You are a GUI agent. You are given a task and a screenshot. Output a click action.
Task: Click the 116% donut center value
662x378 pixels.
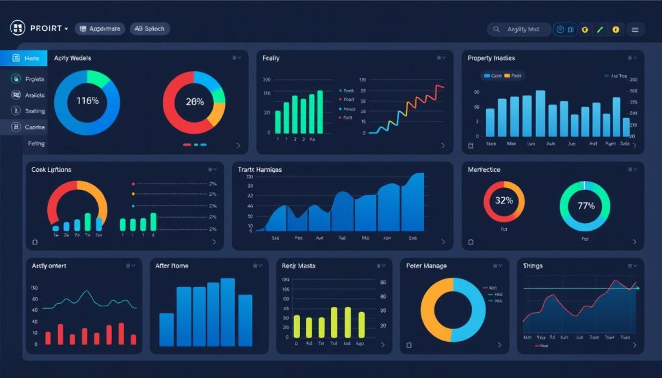87,101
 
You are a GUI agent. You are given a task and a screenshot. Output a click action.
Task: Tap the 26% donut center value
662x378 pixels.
195,101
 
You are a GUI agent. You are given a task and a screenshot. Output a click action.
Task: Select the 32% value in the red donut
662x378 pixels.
504,200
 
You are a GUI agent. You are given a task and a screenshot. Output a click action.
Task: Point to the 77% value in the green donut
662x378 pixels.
585,206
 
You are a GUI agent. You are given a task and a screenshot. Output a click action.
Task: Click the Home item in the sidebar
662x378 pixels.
31,58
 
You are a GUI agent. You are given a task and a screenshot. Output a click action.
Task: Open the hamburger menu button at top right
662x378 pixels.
635,29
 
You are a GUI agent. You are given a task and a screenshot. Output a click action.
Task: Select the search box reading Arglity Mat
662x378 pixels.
520,29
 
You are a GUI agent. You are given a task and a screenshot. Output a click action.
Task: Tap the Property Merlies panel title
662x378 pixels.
491,58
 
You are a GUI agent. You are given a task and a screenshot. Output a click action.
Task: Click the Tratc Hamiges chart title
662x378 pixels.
260,169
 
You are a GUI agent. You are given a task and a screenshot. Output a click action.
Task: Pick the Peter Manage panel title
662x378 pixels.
427,266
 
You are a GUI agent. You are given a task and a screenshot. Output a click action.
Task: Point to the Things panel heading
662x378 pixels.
533,266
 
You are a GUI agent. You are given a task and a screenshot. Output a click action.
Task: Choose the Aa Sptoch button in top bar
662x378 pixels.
149,28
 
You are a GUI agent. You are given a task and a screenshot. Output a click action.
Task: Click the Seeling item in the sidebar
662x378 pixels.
35,111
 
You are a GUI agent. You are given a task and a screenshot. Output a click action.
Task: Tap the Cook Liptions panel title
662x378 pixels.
51,169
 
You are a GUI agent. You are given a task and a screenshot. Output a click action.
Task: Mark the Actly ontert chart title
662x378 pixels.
49,266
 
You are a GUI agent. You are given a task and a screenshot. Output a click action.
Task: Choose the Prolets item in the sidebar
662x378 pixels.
34,79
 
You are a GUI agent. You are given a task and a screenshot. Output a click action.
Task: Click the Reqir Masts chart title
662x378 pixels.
299,266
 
